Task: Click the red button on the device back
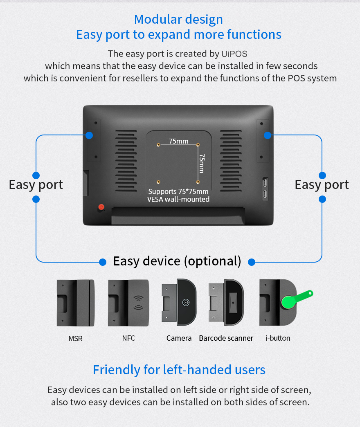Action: (101, 207)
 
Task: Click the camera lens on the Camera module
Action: (186, 302)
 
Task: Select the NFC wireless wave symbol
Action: (138, 303)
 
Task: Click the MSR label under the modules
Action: (75, 339)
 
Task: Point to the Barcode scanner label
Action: (226, 338)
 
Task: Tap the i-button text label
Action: (278, 338)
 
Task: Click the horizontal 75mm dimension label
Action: (179, 141)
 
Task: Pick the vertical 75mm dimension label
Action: (202, 163)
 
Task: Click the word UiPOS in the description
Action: (234, 54)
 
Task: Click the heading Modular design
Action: (179, 20)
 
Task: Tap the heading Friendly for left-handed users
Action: (179, 370)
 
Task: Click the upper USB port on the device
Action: (265, 182)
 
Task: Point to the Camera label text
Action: (179, 338)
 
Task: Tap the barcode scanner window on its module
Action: (233, 302)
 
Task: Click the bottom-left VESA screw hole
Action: (158, 182)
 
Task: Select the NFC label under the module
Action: (128, 338)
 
